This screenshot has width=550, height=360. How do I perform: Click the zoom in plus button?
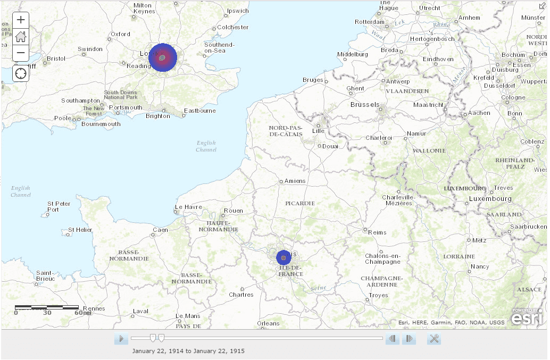point(21,20)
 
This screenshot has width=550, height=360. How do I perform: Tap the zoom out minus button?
point(21,53)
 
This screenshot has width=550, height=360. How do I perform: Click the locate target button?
point(21,73)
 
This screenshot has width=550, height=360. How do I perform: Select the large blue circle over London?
point(162,57)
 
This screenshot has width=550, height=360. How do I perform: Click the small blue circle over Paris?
point(284,258)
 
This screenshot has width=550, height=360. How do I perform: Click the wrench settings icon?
point(434,339)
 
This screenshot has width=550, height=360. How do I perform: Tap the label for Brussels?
point(364,105)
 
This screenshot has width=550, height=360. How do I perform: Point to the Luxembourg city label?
point(490,199)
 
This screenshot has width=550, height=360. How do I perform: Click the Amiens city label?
point(295,181)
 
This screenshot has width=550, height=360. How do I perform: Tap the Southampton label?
point(80,101)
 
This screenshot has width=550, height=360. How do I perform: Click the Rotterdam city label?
point(369,22)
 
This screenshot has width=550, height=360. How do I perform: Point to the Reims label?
point(377,232)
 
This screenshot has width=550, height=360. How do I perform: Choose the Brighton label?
point(158,116)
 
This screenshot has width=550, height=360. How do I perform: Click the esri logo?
point(527,317)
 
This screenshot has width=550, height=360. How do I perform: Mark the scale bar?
point(47,307)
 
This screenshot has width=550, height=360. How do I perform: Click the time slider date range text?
point(188,351)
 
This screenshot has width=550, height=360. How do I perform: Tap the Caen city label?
point(160,230)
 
